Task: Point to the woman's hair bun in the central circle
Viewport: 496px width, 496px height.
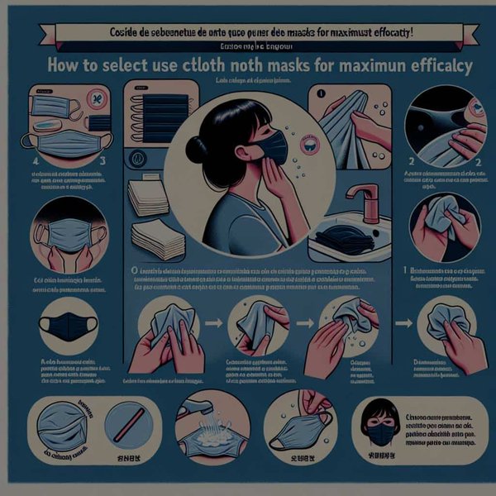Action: click(197, 150)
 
